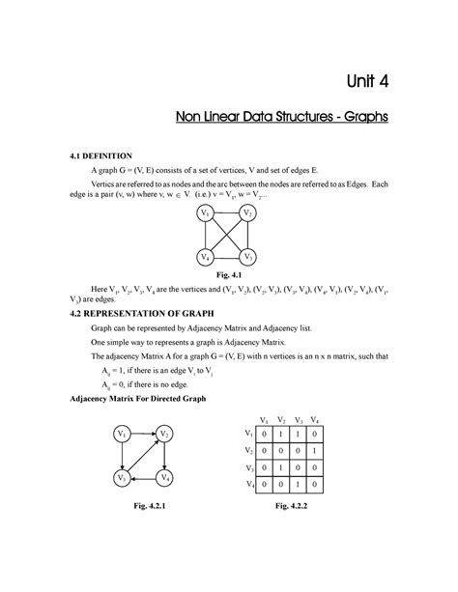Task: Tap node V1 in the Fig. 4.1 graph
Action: tap(204, 212)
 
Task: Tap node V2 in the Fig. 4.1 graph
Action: tap(248, 212)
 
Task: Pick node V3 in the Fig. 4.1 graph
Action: tap(248, 257)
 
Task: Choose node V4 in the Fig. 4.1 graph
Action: tap(204, 257)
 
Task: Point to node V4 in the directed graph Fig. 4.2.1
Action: tap(166, 478)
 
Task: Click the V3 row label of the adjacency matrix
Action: tap(249, 468)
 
